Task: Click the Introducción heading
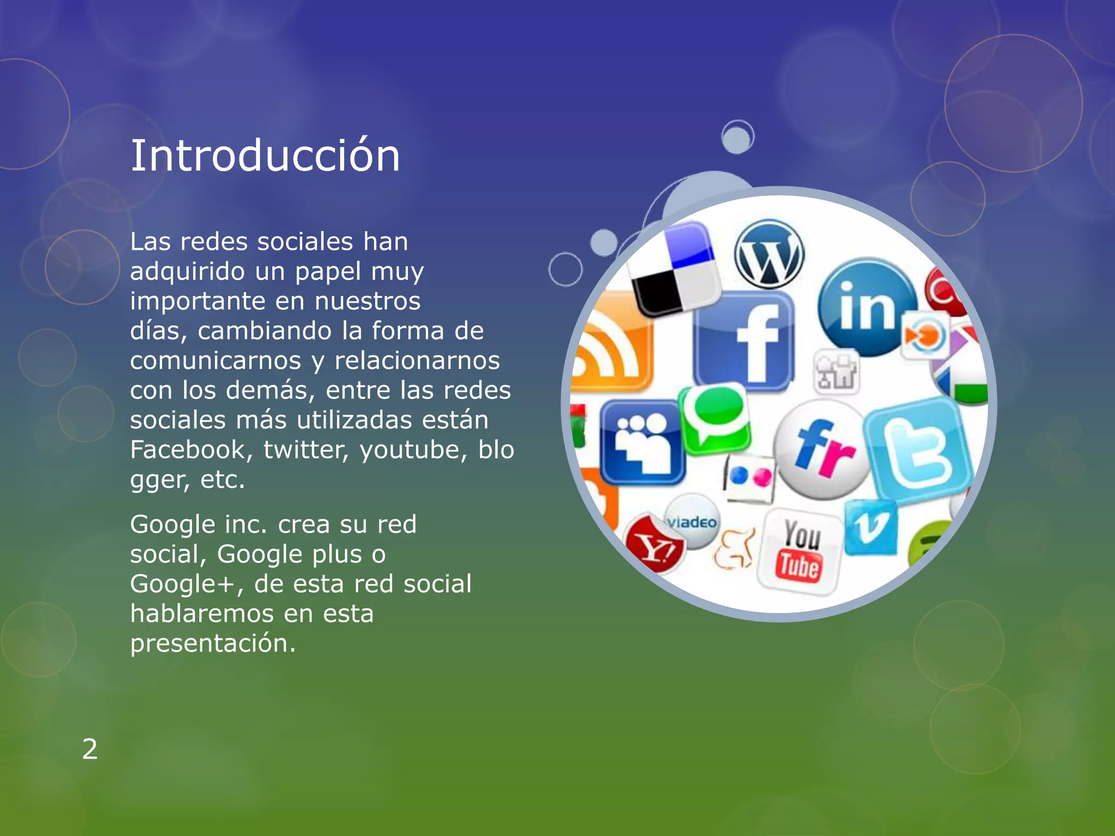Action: [x=265, y=156]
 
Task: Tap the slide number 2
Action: [x=90, y=749]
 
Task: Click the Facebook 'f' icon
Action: [x=744, y=341]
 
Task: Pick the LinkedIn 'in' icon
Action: [x=867, y=306]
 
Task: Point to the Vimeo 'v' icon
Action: [x=870, y=527]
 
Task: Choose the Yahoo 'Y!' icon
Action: [x=654, y=546]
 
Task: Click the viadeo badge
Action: [x=692, y=521]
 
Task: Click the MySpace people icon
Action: [x=642, y=442]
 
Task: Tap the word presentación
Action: [x=213, y=643]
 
